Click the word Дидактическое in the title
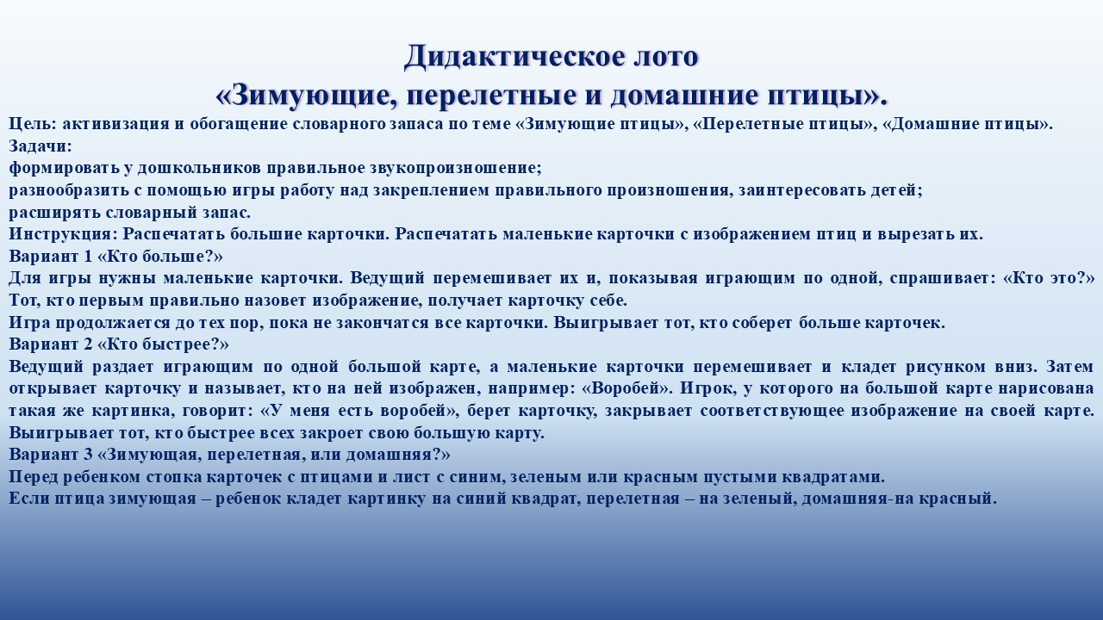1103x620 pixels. (510, 57)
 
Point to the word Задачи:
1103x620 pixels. (41, 146)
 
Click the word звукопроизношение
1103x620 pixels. (456, 168)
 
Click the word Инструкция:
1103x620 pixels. (63, 234)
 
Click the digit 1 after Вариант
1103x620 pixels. (88, 257)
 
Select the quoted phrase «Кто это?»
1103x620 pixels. (1050, 278)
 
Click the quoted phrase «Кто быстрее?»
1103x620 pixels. (164, 344)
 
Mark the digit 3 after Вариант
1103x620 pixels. (88, 454)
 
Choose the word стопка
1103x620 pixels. (170, 477)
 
